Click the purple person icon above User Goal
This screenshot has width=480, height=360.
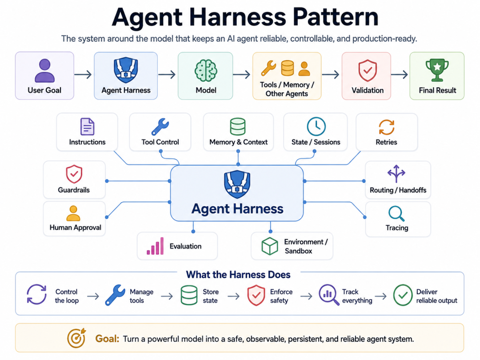pos(45,71)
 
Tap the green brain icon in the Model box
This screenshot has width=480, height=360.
pos(206,71)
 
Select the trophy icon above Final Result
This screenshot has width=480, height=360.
pos(437,70)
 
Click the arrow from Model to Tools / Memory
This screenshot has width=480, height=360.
pos(241,74)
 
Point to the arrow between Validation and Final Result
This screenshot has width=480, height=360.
pos(400,74)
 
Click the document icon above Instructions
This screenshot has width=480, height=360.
pos(87,126)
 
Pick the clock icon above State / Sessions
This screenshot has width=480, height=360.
pos(316,126)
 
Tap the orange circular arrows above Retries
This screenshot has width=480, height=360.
pos(386,127)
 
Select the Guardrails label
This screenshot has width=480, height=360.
pos(74,190)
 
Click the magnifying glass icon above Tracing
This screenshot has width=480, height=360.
pos(396,214)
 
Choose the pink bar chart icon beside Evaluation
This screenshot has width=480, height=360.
pos(155,246)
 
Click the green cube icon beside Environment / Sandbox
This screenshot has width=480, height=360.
pos(270,246)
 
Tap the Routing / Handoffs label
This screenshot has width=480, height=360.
pos(398,190)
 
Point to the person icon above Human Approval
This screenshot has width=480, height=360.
pos(73,213)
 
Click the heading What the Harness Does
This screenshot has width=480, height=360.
pos(238,275)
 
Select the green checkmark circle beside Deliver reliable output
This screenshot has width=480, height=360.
pos(403,295)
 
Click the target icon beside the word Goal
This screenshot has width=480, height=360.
pos(76,338)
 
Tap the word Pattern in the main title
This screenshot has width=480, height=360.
pos(336,17)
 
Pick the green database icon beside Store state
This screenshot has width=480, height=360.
pos(189,295)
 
